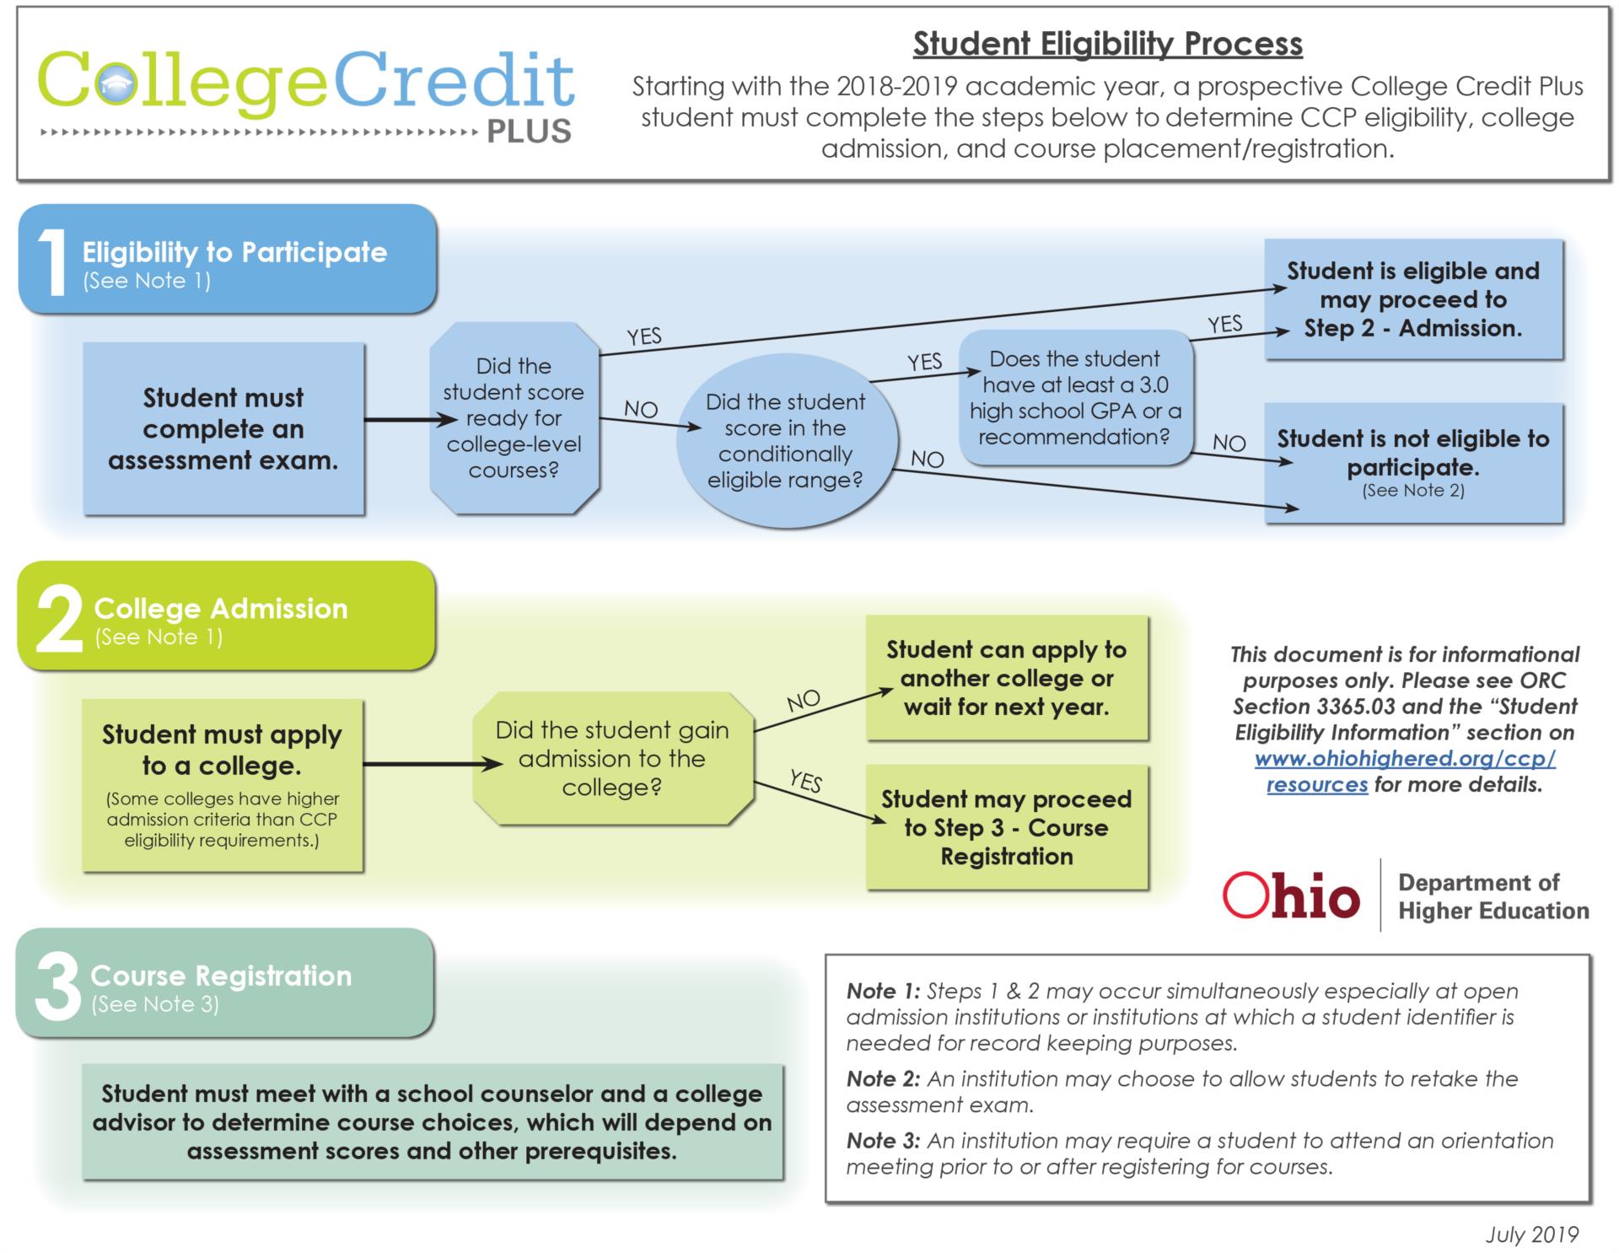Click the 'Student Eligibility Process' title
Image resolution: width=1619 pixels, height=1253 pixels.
pyautogui.click(x=1107, y=44)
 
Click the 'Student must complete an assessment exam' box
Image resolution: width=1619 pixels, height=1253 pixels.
pyautogui.click(x=223, y=428)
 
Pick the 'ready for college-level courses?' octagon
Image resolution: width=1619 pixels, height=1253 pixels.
pyautogui.click(x=514, y=418)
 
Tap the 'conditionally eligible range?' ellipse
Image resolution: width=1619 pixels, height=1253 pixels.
pyautogui.click(x=785, y=441)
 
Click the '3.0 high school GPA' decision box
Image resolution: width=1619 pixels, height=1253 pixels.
pyautogui.click(x=1075, y=398)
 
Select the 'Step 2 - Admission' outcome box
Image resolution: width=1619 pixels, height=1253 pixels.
pyautogui.click(x=1413, y=299)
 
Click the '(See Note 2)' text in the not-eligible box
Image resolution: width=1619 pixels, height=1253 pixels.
pyautogui.click(x=1413, y=491)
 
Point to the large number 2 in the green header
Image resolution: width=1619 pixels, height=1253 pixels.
pyautogui.click(x=57, y=621)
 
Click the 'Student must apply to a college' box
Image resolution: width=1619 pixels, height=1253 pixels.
pyautogui.click(x=223, y=784)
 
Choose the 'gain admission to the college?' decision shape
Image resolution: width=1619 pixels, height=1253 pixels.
pyautogui.click(x=612, y=759)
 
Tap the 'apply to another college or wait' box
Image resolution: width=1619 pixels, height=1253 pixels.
pyautogui.click(x=1007, y=678)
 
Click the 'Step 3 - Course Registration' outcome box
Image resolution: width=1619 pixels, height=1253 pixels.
pyautogui.click(x=1007, y=827)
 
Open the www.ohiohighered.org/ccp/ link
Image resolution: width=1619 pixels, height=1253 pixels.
pyautogui.click(x=1405, y=759)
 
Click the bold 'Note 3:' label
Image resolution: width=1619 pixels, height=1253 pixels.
pyautogui.click(x=883, y=1141)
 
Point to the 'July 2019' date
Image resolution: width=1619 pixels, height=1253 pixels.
pyautogui.click(x=1531, y=1234)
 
